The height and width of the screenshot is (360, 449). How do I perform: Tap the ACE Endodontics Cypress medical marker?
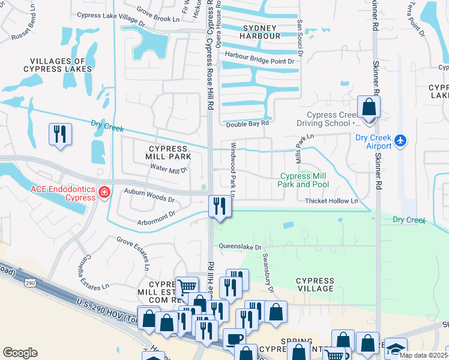coord(104,193)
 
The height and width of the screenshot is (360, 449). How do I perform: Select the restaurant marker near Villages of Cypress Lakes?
coord(60,133)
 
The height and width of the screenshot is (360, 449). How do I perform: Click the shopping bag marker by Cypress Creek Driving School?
coord(369,108)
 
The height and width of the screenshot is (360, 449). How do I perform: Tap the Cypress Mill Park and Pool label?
coord(304,180)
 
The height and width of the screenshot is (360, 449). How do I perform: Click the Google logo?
coord(20,352)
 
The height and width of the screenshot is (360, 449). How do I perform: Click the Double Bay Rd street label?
coord(247,124)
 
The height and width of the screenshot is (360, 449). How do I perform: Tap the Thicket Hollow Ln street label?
coord(331,201)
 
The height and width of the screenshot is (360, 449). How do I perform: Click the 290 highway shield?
coord(29,281)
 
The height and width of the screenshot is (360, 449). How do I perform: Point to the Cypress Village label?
coord(315,284)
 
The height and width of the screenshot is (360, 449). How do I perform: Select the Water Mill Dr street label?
coord(169,170)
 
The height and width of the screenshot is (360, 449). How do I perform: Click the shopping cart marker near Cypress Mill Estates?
coord(187,287)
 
